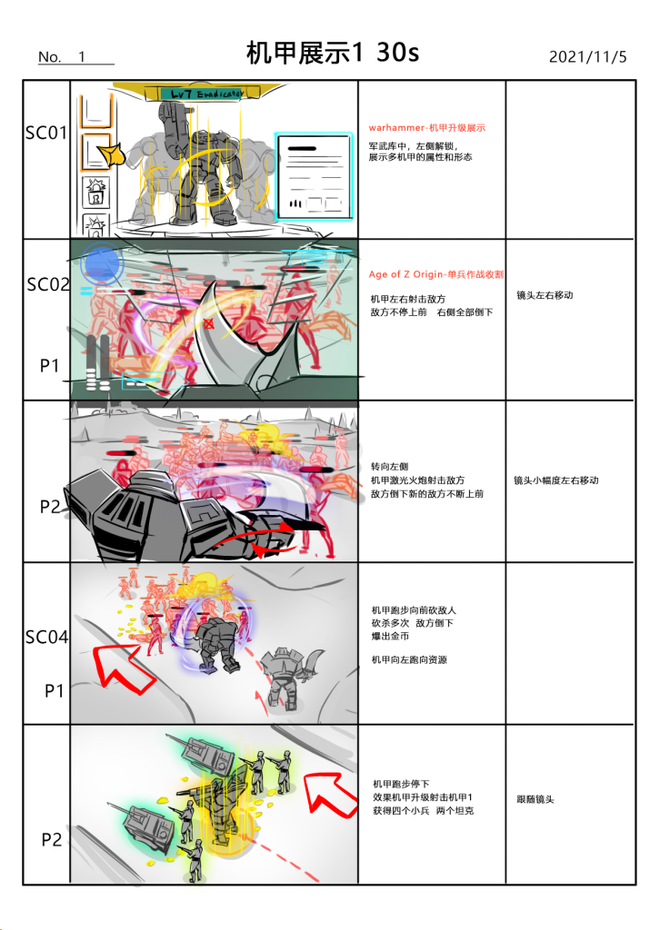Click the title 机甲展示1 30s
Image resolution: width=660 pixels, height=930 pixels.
[x=333, y=53]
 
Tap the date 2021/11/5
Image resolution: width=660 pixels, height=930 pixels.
[x=587, y=57]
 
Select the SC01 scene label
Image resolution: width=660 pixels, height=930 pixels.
[x=46, y=133]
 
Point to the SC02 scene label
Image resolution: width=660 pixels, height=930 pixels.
[x=48, y=284]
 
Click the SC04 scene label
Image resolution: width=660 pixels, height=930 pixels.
[x=46, y=638]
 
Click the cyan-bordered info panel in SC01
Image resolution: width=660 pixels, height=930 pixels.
[x=314, y=176]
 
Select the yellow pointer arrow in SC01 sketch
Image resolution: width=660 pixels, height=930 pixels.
[x=112, y=154]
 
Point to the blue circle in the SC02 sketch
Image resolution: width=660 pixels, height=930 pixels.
[x=102, y=263]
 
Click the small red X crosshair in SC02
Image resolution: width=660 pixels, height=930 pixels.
[x=208, y=324]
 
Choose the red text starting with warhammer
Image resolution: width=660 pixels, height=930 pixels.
[x=426, y=127]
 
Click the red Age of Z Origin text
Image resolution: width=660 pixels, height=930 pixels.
[x=436, y=274]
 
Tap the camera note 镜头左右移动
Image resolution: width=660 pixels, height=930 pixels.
[x=545, y=295]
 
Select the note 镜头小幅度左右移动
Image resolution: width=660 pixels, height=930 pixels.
[x=556, y=480]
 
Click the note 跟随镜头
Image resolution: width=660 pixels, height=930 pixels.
[x=535, y=799]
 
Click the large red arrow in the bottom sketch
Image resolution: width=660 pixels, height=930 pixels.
[x=330, y=795]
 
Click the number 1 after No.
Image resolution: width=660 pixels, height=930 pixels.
[x=82, y=57]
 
